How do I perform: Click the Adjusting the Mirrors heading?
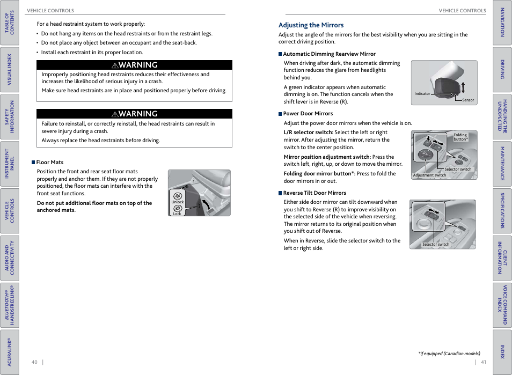point(311,25)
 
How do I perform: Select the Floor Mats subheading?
point(49,162)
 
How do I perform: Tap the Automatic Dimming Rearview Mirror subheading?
point(329,54)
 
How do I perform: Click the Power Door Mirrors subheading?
point(308,114)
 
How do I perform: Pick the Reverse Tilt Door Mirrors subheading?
point(314,193)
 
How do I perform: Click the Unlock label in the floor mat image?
point(177,202)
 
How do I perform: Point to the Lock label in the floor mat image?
point(177,214)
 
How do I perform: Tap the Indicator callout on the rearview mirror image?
point(422,94)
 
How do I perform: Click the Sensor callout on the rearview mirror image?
point(468,100)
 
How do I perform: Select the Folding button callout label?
point(460,137)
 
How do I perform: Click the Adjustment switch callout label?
point(429,175)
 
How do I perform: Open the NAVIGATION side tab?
point(502,23)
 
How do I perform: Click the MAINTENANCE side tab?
point(502,164)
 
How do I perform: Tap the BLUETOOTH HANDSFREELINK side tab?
point(10,305)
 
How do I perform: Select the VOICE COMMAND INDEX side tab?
point(502,305)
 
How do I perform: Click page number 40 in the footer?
point(34,362)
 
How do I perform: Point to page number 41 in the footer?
point(483,362)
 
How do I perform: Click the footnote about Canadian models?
point(449,354)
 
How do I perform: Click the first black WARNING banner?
point(135,65)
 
